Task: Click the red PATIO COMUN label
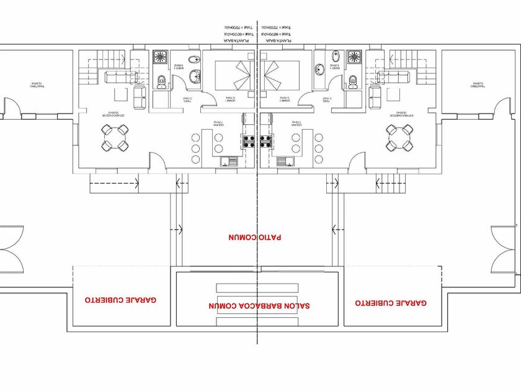254,237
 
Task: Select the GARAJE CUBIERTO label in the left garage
120,299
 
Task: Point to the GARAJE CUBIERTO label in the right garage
391,303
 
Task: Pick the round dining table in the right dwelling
400,138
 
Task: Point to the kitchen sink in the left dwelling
229,161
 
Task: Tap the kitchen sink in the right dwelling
286,161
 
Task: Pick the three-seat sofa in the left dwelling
118,77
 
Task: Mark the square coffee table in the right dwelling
395,94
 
